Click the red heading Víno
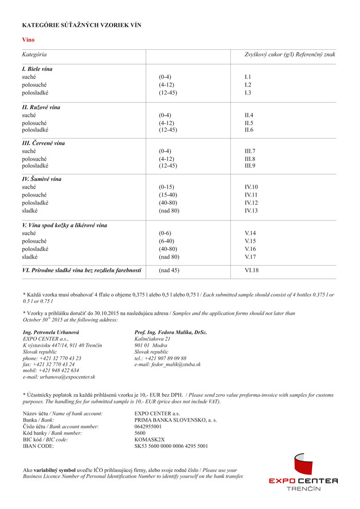click(28, 40)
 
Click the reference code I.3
click(248, 93)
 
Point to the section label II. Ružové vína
click(41, 107)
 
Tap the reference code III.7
click(249, 151)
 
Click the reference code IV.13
click(251, 210)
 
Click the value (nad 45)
click(169, 270)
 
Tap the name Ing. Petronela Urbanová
click(51, 332)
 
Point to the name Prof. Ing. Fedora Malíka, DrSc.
click(170, 332)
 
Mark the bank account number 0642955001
click(148, 426)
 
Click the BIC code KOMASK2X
click(150, 440)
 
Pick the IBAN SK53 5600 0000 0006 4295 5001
click(171, 446)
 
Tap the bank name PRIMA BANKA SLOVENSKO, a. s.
click(175, 420)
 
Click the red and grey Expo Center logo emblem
click(303, 464)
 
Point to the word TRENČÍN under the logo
click(303, 488)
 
